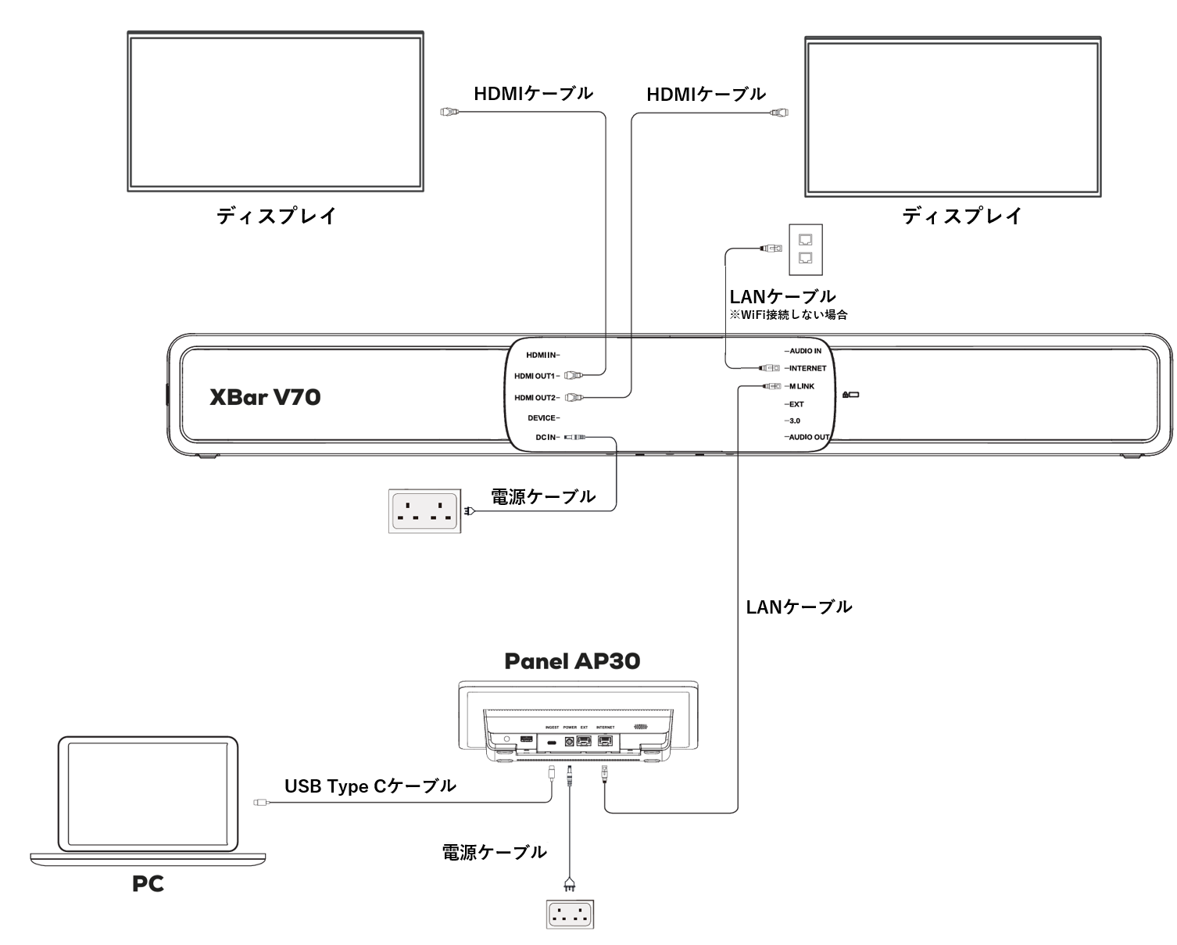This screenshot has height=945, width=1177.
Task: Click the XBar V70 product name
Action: pos(265,397)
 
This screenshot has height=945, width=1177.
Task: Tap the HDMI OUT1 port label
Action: pos(535,376)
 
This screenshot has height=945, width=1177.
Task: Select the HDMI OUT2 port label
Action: pos(535,398)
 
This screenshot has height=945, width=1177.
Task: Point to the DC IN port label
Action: pos(547,438)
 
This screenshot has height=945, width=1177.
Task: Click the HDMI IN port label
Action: pos(542,356)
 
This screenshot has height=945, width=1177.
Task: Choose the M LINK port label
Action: pos(802,386)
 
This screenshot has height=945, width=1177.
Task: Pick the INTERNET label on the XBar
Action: pos(807,368)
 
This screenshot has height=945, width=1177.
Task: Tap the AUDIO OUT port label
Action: pos(809,437)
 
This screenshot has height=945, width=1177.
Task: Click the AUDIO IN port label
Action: pos(805,351)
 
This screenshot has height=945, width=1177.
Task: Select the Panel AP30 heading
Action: pos(572,661)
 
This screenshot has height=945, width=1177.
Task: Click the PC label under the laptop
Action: pos(148,884)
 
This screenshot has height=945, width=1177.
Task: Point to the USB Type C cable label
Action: pos(370,786)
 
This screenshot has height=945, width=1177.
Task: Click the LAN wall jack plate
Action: pos(806,249)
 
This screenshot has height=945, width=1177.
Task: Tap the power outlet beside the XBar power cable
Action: pos(424,511)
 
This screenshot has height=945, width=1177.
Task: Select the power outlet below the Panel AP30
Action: pos(570,915)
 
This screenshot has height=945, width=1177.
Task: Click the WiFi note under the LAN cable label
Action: pos(788,315)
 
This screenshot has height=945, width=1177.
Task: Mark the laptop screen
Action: pos(148,795)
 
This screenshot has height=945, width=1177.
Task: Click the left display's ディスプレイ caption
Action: pos(276,217)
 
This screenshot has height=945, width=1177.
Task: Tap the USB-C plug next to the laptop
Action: pos(260,802)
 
